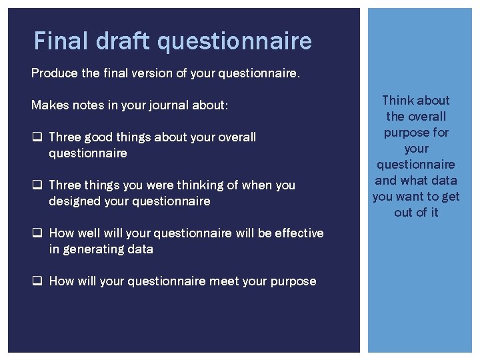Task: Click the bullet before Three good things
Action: (x=37, y=137)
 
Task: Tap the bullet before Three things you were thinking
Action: (x=37, y=185)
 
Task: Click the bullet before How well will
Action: (x=37, y=233)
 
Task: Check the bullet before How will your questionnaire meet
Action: (x=37, y=281)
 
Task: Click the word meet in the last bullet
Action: (x=243, y=281)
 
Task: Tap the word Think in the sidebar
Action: (x=397, y=101)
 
